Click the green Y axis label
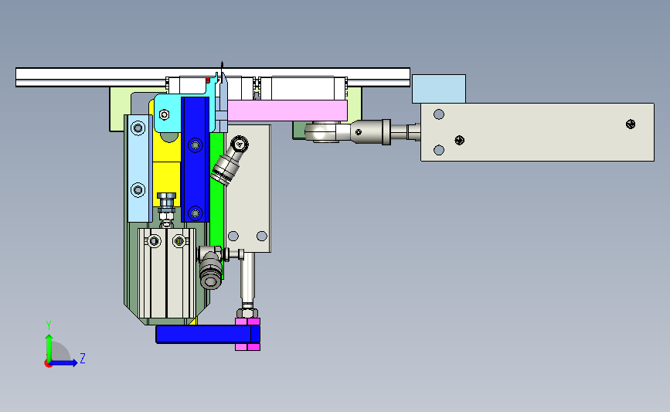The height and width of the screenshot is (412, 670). coord(48,325)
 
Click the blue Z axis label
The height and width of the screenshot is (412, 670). coord(83,358)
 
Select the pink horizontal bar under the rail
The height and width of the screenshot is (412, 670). coord(287,111)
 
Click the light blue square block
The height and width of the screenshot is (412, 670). coord(439,89)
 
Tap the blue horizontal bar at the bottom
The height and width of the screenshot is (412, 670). coord(208,334)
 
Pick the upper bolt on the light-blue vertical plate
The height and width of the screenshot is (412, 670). coord(138,128)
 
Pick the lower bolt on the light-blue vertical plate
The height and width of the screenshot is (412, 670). coord(138,189)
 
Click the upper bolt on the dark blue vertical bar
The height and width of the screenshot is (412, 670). coord(196,145)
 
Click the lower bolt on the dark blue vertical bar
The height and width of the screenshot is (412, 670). coord(196,213)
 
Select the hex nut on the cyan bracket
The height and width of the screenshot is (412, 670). coord(164,114)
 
